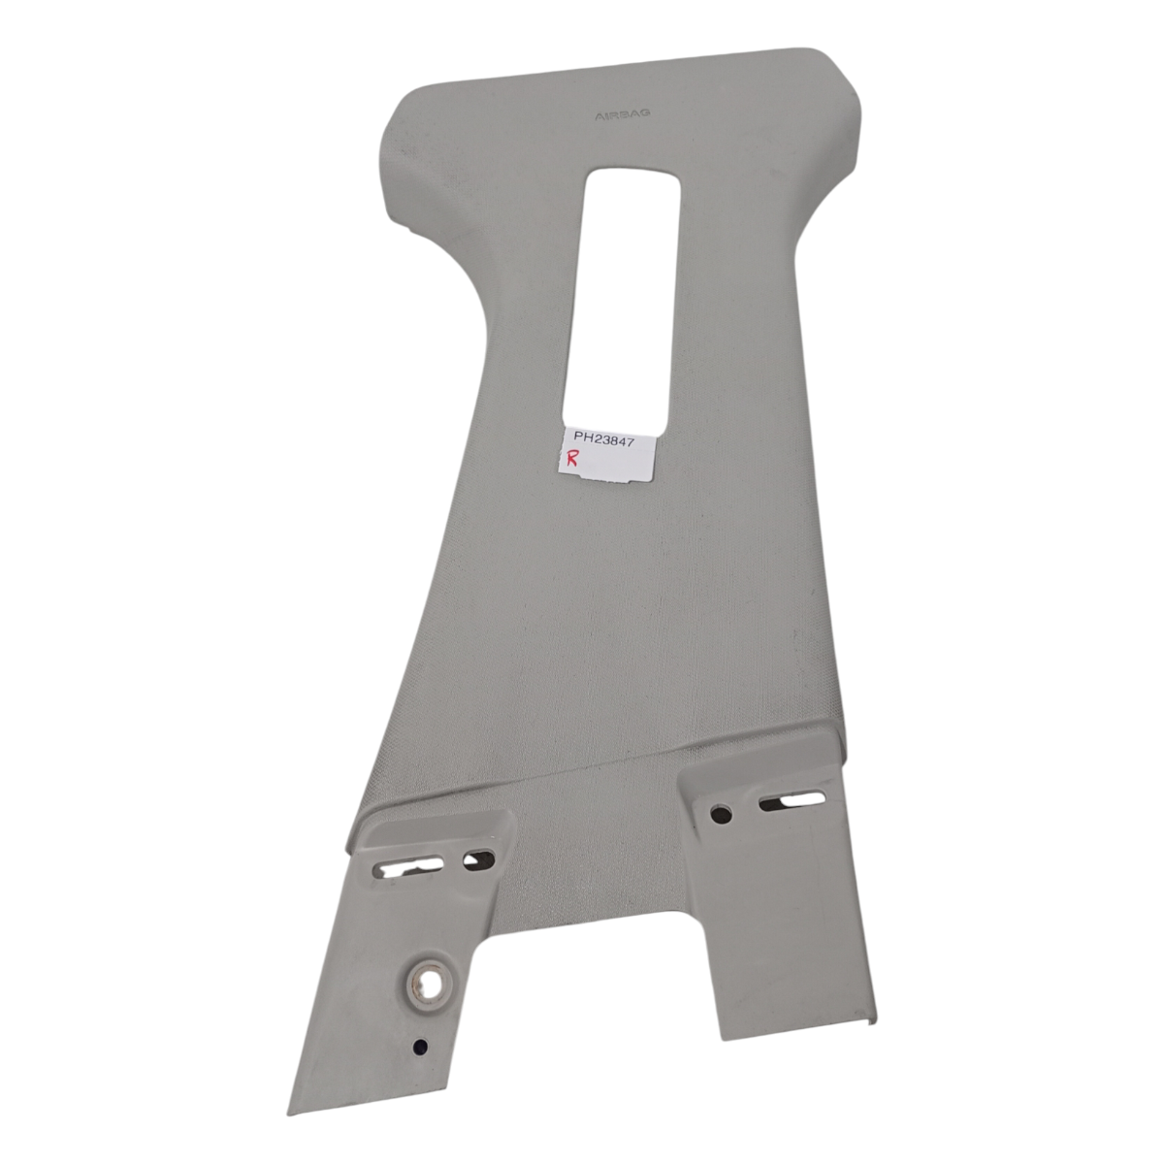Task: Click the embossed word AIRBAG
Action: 614,114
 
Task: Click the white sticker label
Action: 607,456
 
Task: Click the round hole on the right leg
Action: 722,814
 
